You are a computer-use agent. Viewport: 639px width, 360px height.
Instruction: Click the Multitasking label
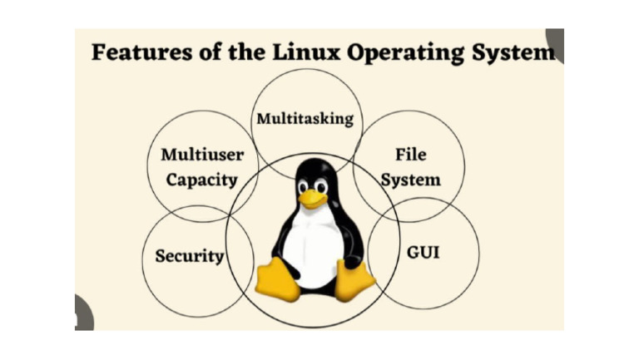305,119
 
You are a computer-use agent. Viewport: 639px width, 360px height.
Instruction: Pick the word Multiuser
202,155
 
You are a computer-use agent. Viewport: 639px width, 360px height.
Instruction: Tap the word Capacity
201,179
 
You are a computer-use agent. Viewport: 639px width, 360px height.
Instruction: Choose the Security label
190,255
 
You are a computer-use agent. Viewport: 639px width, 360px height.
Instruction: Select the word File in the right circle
409,154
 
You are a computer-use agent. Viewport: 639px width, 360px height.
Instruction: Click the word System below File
409,178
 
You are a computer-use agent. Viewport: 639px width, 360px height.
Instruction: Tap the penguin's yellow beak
314,198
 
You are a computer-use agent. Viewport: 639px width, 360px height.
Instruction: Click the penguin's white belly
315,246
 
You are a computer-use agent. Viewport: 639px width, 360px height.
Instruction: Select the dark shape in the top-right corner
555,44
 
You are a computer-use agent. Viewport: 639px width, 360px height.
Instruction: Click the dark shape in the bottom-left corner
83,313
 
